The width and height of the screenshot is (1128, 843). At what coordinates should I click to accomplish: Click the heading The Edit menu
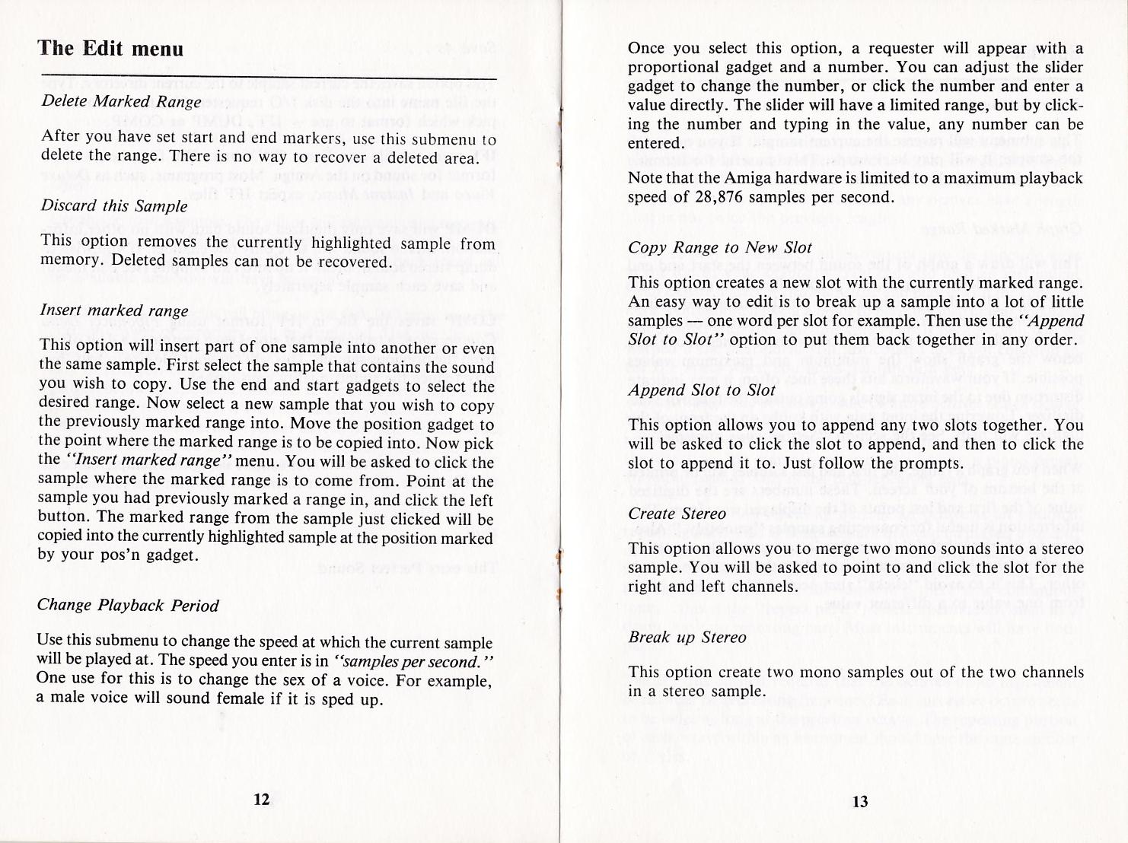(x=111, y=49)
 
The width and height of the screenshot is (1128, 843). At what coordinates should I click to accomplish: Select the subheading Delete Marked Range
(x=121, y=102)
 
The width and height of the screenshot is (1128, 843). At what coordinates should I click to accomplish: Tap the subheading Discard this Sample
(x=113, y=206)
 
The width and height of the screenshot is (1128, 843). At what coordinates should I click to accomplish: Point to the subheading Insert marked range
(x=113, y=310)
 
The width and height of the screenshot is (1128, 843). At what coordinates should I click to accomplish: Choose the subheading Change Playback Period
(x=128, y=606)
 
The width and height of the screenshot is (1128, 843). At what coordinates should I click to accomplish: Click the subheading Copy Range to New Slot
(x=720, y=248)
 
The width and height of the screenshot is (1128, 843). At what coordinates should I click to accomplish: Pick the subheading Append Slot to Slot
(x=702, y=390)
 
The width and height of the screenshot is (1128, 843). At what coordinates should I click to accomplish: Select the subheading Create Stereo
(x=677, y=514)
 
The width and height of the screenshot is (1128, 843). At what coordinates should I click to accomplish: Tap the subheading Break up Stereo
(x=687, y=638)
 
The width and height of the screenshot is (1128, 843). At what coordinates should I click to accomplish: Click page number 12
(x=261, y=800)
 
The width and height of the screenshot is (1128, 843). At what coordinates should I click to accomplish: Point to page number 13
(x=860, y=801)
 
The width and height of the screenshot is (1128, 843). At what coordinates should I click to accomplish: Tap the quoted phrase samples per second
(x=414, y=661)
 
